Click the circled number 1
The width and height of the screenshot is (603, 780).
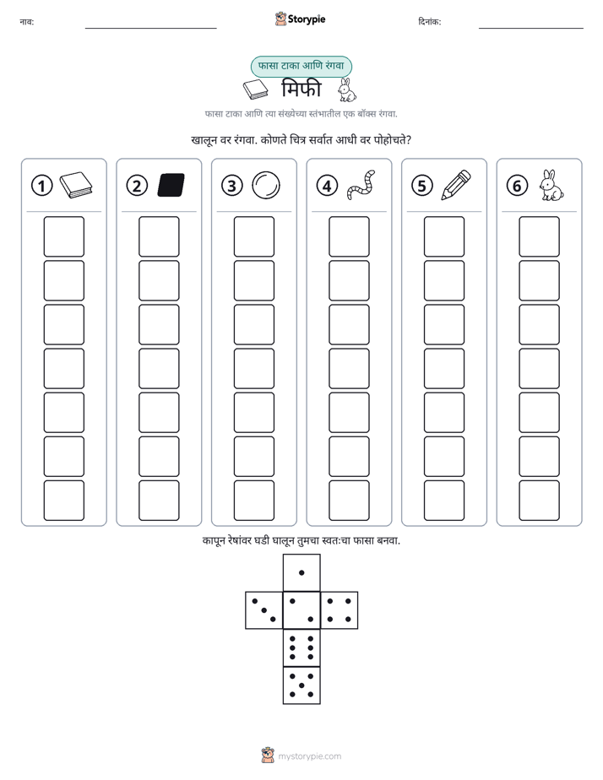[41, 186]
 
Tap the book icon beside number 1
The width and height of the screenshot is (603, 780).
[76, 185]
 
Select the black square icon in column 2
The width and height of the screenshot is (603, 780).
[171, 185]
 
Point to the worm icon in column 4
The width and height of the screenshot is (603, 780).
[361, 185]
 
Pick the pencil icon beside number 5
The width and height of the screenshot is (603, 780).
[456, 185]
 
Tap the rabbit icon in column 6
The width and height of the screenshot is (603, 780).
[551, 185]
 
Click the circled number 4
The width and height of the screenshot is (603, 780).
[327, 186]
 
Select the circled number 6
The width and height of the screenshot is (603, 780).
[517, 186]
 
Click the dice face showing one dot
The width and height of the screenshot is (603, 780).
[301, 572]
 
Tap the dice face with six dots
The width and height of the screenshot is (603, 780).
[301, 647]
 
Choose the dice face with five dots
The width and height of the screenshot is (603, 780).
[301, 685]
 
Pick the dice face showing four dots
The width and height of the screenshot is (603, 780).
[340, 610]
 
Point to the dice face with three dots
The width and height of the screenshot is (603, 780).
[263, 610]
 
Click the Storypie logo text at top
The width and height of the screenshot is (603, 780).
[307, 19]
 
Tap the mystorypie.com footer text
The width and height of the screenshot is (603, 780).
[309, 756]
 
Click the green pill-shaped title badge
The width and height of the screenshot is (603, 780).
[301, 66]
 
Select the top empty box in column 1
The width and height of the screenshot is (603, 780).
[63, 236]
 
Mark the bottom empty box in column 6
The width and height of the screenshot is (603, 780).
[540, 501]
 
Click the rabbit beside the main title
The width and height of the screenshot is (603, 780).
[347, 90]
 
